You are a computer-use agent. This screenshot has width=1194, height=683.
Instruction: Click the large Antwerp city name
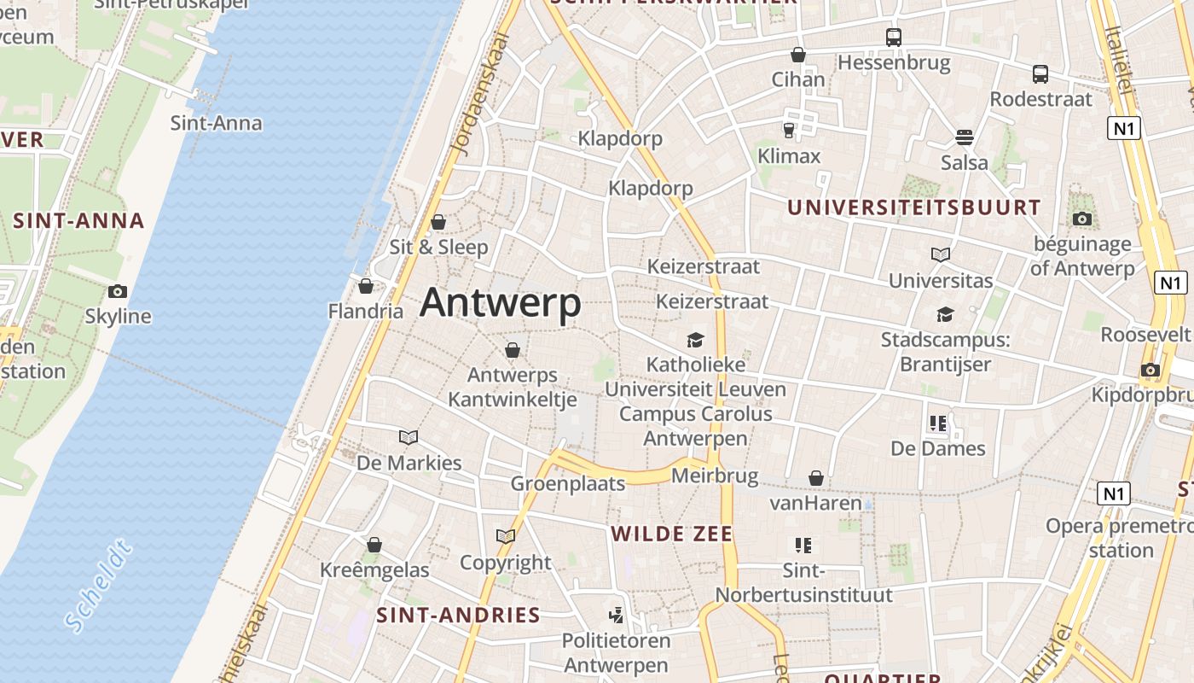[x=501, y=303]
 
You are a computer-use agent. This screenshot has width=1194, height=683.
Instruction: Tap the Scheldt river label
[x=99, y=586]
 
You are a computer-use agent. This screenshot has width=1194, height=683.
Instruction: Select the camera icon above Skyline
[x=118, y=292]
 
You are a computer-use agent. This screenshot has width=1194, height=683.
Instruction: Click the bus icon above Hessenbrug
[x=893, y=38]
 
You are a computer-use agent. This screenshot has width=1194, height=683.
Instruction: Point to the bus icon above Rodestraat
[x=1040, y=74]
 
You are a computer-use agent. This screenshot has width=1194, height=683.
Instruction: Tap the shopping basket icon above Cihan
[x=798, y=55]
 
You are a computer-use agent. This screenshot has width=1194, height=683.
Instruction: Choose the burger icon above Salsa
[x=965, y=137]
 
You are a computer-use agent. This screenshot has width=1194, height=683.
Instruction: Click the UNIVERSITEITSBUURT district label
[x=913, y=207]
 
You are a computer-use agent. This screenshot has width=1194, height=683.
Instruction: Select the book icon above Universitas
[x=941, y=254]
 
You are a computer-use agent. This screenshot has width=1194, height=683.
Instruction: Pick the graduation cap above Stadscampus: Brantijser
[x=945, y=315]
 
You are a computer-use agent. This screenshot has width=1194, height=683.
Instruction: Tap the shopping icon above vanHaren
[x=816, y=478]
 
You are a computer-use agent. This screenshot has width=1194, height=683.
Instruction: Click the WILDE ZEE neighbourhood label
[x=672, y=534]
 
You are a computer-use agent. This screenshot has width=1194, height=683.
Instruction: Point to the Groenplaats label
[x=568, y=484]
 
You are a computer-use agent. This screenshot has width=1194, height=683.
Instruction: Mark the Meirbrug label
[x=704, y=476]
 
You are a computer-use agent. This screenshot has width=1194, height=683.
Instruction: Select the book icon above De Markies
[x=409, y=438]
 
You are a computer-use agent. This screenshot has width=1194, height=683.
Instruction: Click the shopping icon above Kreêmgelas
[x=374, y=545]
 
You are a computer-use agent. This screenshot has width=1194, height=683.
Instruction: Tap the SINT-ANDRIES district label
[x=459, y=616]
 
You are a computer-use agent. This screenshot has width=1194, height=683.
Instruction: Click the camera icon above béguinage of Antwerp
[x=1082, y=219]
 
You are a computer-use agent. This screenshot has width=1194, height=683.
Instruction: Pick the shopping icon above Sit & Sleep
[x=438, y=222]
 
